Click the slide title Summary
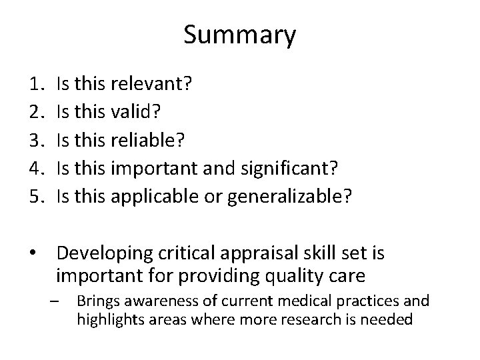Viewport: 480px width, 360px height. coord(239,35)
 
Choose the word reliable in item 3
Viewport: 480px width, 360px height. coord(145,141)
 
